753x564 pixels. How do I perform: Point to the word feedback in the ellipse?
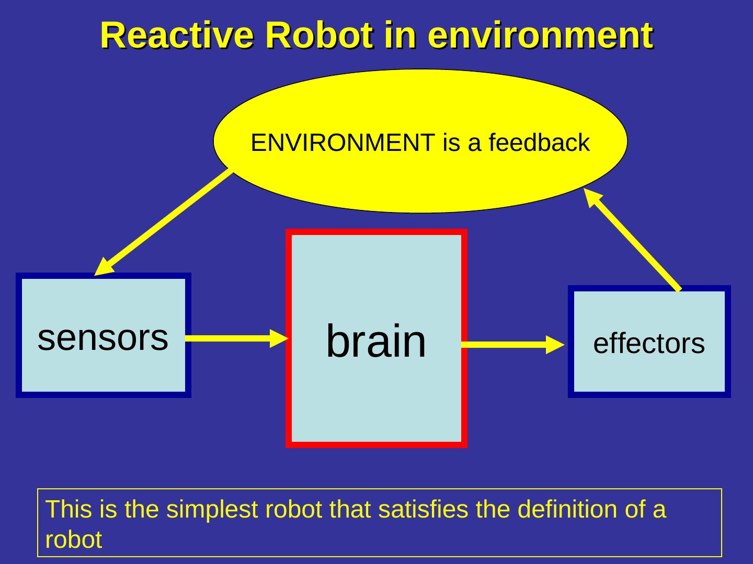tap(539, 143)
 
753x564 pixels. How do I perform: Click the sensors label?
tap(103, 337)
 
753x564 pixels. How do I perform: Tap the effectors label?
tap(649, 344)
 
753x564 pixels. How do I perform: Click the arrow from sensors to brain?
tap(230, 338)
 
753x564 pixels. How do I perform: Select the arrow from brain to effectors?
tap(507, 345)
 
